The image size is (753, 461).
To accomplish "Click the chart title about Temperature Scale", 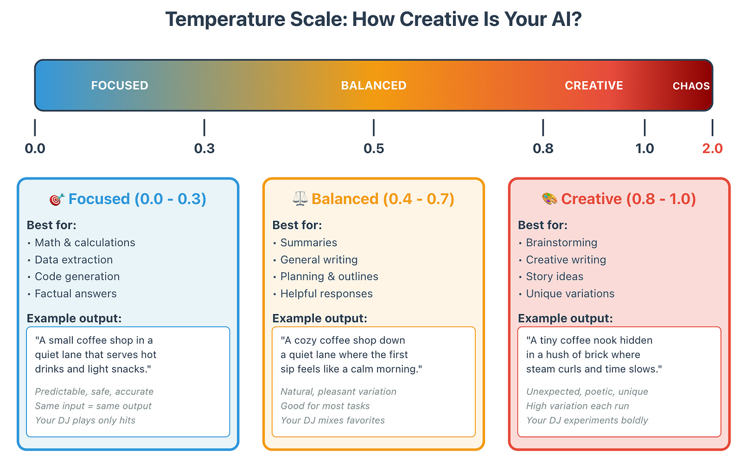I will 373,20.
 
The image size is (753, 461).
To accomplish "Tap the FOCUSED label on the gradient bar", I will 119,85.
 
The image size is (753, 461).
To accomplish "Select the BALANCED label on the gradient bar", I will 373,85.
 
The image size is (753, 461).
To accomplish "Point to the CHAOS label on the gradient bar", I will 691,86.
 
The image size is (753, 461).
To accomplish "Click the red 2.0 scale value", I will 712,148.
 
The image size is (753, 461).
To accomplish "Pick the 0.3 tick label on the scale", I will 204,148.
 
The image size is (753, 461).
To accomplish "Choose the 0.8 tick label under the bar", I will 543,148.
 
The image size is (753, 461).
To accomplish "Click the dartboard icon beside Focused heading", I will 56,199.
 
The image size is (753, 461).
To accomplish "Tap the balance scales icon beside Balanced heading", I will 300,199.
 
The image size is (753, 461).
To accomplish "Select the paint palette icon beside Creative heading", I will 549,199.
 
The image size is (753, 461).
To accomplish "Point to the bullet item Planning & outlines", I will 329,276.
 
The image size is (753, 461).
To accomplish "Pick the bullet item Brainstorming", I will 561,243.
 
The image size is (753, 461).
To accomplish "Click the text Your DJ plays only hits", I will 85,420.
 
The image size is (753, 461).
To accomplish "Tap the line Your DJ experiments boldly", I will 587,420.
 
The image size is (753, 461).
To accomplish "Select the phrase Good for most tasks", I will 325,406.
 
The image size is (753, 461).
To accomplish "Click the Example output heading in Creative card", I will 565,318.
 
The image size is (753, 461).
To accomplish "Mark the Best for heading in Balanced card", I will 297,225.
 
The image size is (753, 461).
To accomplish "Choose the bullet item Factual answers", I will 76,293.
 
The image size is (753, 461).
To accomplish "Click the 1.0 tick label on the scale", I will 644,148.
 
